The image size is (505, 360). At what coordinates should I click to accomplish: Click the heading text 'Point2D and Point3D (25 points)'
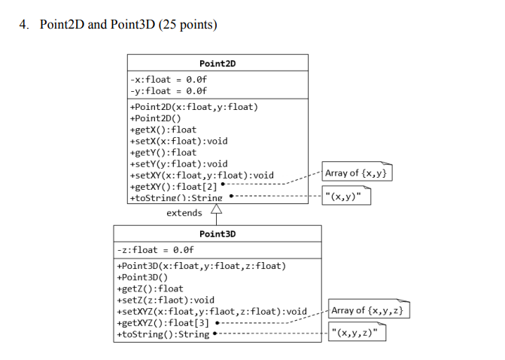tap(128, 25)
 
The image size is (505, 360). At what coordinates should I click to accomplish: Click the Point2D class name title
tap(218, 63)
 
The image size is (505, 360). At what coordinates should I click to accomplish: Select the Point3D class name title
tap(218, 234)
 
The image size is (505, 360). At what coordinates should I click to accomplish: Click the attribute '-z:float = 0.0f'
tap(156, 250)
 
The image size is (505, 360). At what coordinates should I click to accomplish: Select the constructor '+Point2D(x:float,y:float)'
tap(194, 107)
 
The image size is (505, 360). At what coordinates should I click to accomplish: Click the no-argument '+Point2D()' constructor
tap(156, 118)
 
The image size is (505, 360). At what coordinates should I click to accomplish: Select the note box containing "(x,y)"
tap(346, 197)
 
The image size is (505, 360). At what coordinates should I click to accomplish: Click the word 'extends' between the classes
tap(184, 213)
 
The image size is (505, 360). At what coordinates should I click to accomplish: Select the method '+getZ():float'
tap(151, 288)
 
